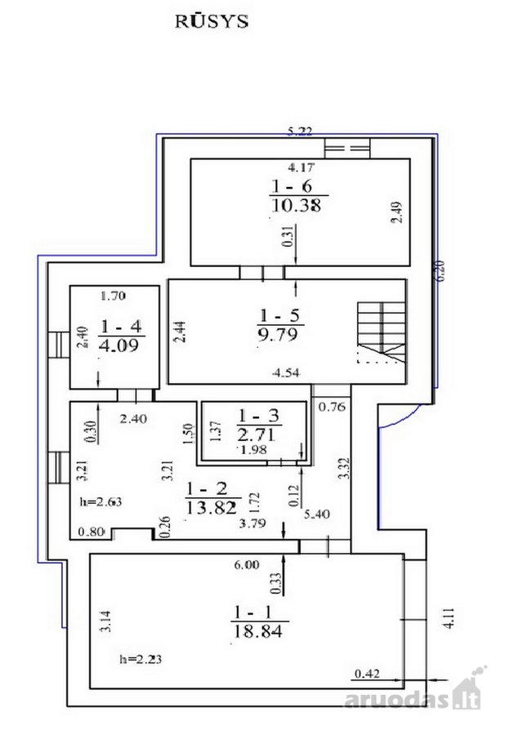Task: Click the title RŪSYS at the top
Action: (x=212, y=21)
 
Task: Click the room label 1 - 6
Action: (x=291, y=186)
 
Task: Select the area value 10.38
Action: (x=296, y=205)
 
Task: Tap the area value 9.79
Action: (x=278, y=334)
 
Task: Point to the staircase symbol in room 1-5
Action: (x=381, y=332)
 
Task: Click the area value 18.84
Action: (x=258, y=631)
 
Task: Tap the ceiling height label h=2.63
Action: (x=101, y=502)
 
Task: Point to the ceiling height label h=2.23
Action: (x=141, y=659)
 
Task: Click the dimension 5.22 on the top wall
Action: (x=300, y=131)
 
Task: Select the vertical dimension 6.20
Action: (x=441, y=271)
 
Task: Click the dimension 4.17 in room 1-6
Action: (x=301, y=167)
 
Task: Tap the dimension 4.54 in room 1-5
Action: (x=286, y=373)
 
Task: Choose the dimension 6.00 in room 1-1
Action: (x=247, y=565)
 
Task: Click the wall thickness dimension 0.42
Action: (x=367, y=674)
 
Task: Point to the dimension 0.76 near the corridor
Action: (x=332, y=407)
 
